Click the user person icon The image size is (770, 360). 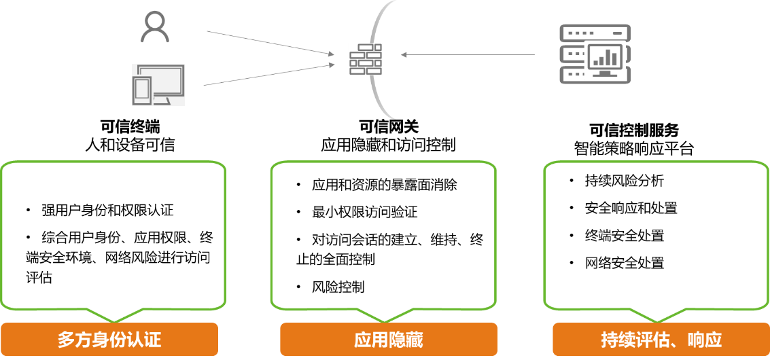point(154,27)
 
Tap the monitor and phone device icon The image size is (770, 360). point(158,84)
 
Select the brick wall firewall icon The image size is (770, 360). point(365,59)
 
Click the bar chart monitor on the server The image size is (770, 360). point(605,60)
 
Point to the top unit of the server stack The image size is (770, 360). point(595,32)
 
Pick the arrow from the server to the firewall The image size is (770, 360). point(469,54)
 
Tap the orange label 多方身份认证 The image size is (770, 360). point(109,340)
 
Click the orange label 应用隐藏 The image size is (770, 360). point(389,340)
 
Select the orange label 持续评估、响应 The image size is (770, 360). point(661,340)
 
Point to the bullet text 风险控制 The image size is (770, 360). point(338,287)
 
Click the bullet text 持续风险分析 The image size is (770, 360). point(624,181)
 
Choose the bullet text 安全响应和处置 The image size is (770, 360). point(630,209)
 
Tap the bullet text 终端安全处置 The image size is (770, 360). point(624,236)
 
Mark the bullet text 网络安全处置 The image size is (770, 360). point(624,264)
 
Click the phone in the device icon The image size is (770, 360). point(142,91)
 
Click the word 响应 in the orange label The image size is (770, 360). point(704,340)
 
